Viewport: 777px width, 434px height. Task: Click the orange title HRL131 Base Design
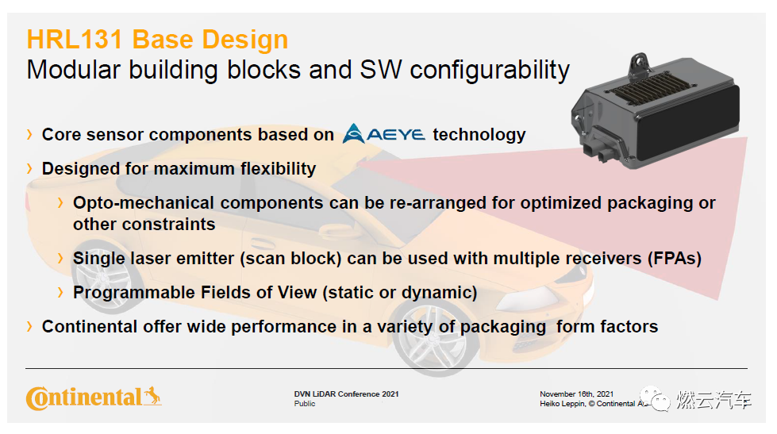(157, 40)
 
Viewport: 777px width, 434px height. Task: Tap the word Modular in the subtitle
(73, 69)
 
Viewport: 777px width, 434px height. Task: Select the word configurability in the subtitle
(490, 71)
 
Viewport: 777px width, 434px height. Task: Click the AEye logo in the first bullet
(383, 133)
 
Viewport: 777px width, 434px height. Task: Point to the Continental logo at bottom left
(94, 398)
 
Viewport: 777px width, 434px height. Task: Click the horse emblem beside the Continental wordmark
(152, 396)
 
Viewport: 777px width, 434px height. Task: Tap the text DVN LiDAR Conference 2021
(346, 394)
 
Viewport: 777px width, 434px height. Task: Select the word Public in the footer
(304, 404)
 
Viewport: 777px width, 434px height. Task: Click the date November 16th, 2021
(576, 394)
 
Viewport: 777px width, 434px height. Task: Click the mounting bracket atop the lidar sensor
(640, 67)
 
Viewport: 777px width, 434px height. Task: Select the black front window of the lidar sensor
(689, 124)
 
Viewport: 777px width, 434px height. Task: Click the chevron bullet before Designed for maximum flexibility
(29, 169)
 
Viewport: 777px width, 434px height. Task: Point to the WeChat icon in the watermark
(655, 398)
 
